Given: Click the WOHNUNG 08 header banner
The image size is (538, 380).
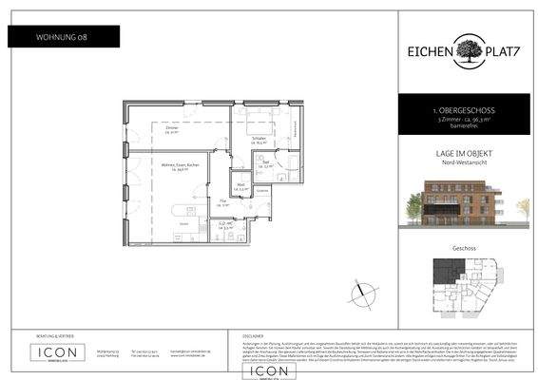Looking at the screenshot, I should point(64,37).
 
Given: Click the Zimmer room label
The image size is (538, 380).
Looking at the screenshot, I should point(171,129).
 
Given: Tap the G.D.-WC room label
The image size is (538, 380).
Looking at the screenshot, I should point(227,225).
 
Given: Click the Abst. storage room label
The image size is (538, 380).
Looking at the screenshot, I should point(242,187).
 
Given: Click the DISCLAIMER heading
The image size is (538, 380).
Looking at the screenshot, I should point(250,334).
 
